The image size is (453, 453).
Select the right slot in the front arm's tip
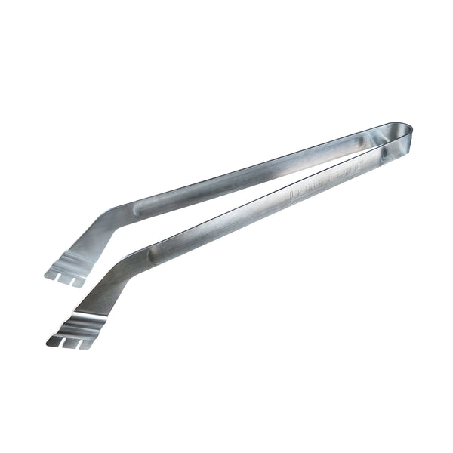(77, 344)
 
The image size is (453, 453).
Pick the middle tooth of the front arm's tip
(69, 344)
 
